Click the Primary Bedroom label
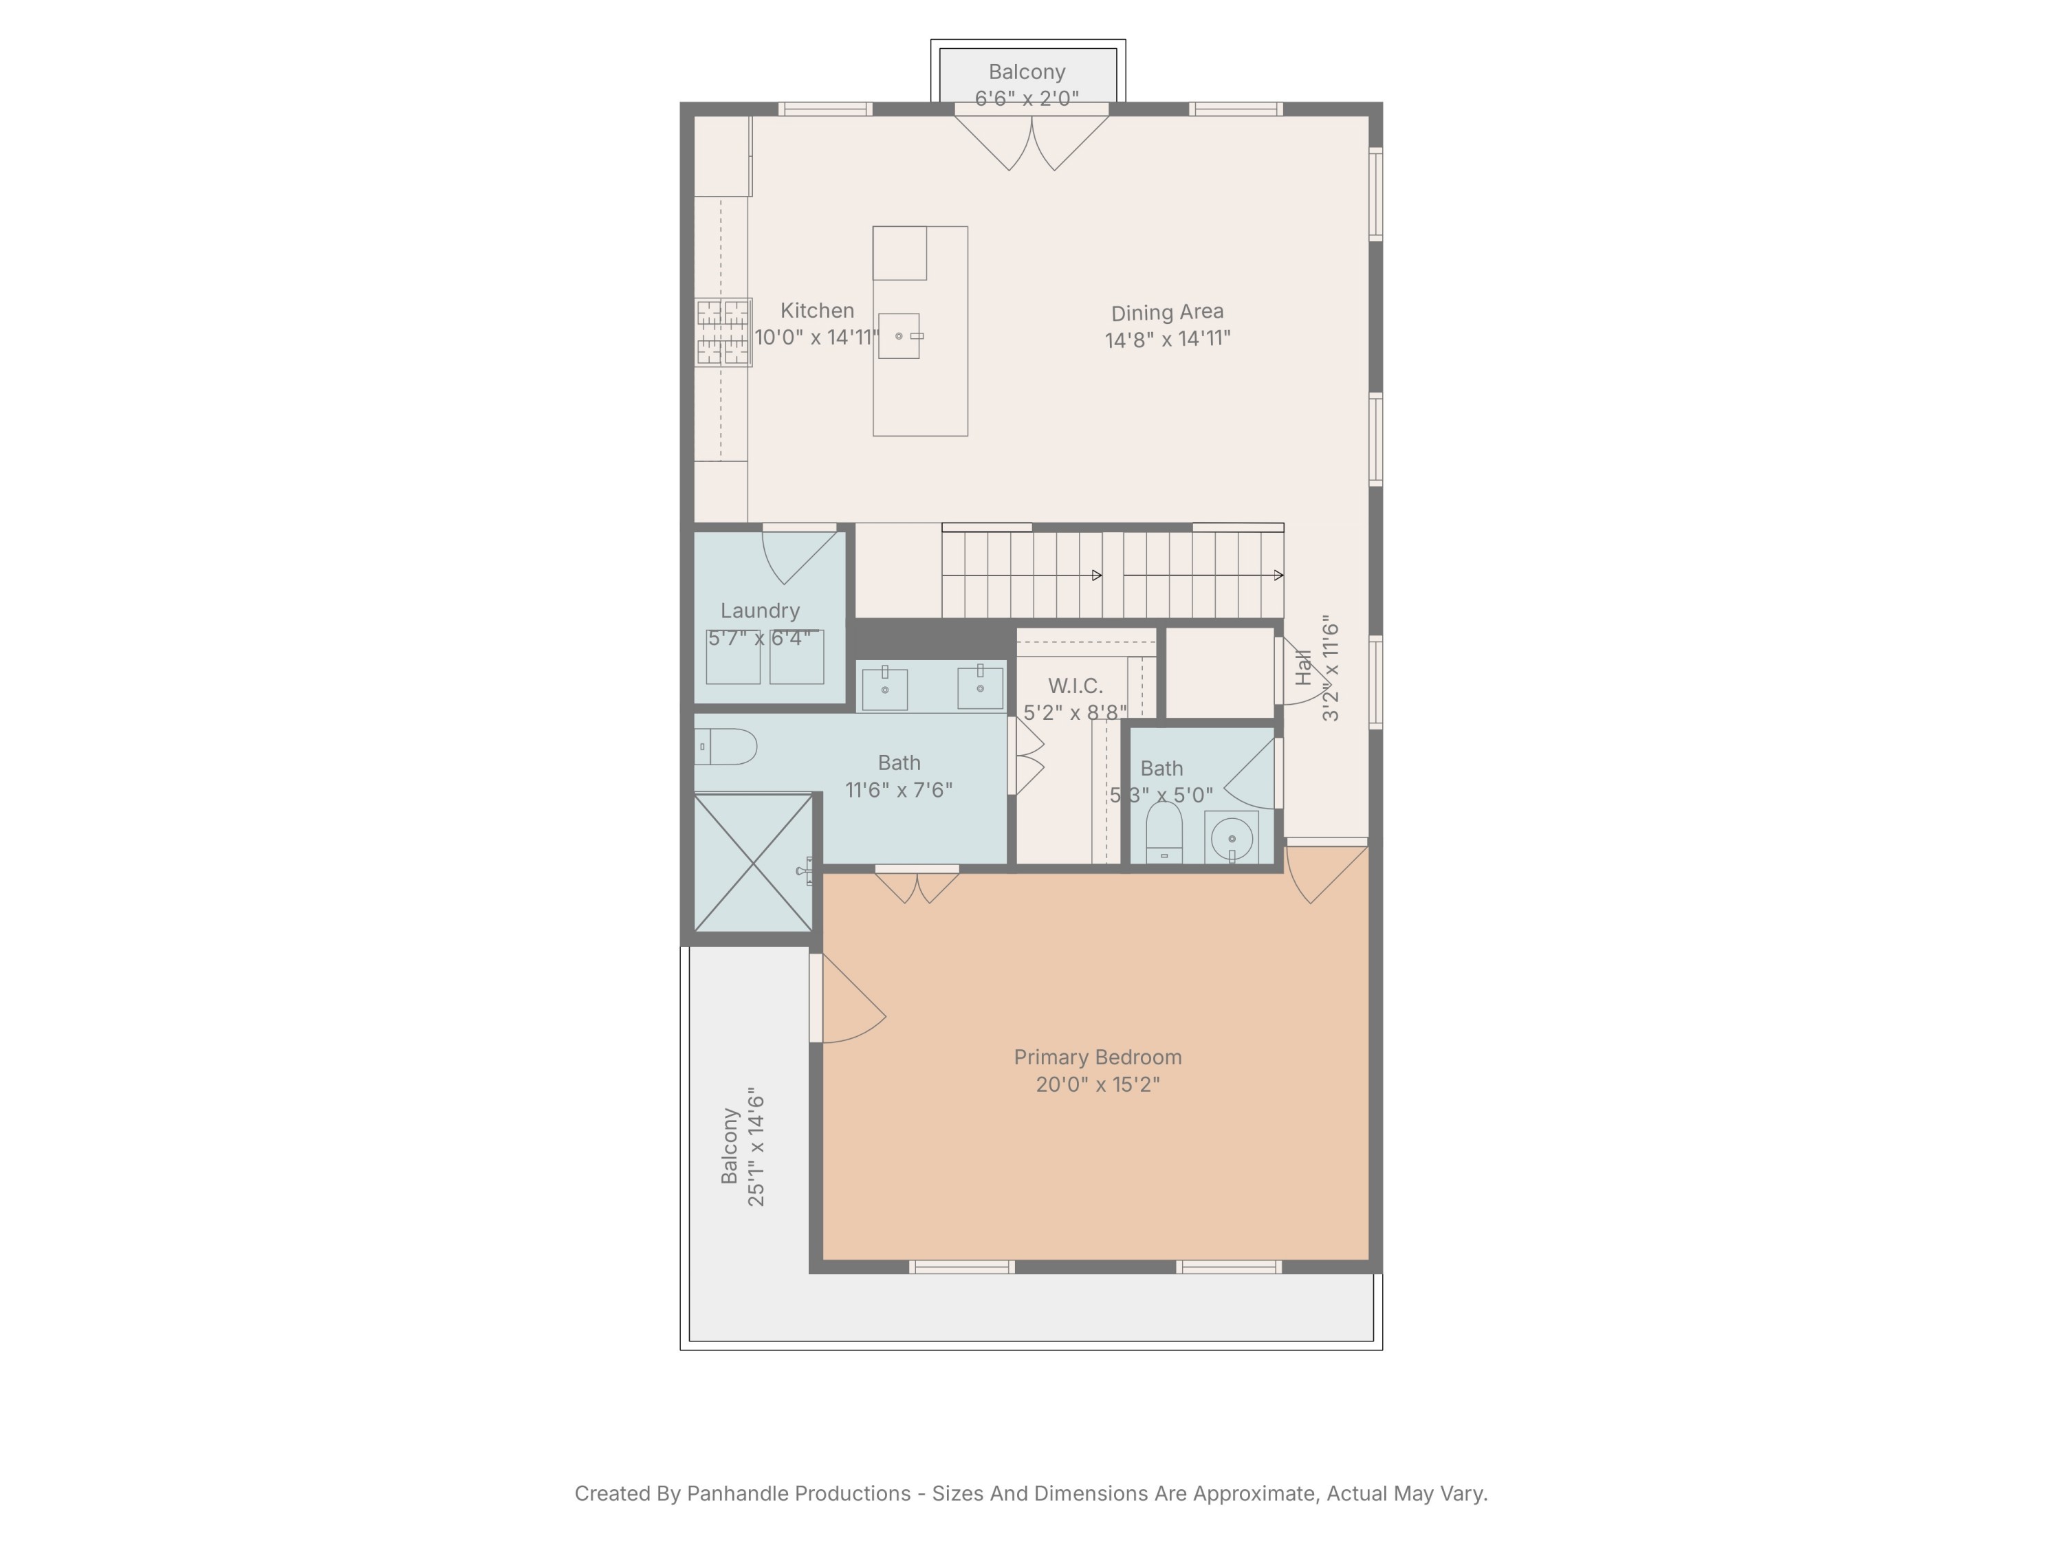pos(1097,1057)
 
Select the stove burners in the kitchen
pos(723,332)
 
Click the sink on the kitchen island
pos(899,336)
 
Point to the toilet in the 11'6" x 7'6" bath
pos(727,747)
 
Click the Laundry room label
pos(760,611)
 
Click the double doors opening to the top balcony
pos(1031,140)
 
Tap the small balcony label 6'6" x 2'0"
pos(1026,98)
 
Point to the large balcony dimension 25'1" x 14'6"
pos(756,1147)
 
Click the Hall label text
pos(1304,668)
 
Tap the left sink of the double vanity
pos(885,688)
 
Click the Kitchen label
pos(817,311)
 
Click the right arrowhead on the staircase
pos(1278,575)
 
